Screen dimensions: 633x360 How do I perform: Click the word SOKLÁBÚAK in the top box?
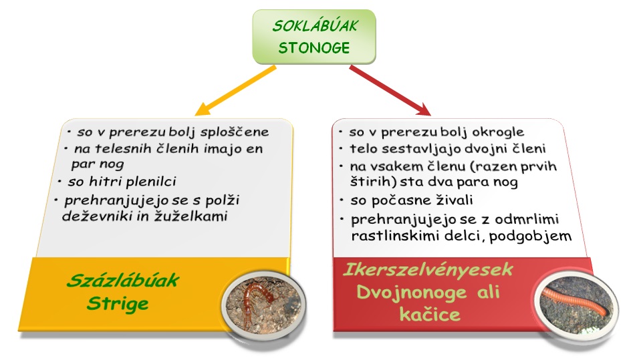[x=315, y=26]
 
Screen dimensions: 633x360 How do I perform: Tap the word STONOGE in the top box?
[x=314, y=47]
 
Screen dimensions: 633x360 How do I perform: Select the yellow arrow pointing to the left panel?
[x=235, y=90]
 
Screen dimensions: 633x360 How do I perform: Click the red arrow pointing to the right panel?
[x=390, y=90]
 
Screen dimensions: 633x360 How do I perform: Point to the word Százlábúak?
[x=123, y=280]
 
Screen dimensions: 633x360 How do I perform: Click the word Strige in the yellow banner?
[x=118, y=304]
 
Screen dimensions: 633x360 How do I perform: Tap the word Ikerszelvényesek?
[x=428, y=269]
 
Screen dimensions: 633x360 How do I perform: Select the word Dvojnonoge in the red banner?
[x=412, y=293]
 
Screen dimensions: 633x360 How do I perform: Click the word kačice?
[x=430, y=314]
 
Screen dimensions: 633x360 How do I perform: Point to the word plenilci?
[x=151, y=182]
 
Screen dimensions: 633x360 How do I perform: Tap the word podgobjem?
[x=530, y=236]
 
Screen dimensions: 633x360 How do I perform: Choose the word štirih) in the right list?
[x=373, y=182]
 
